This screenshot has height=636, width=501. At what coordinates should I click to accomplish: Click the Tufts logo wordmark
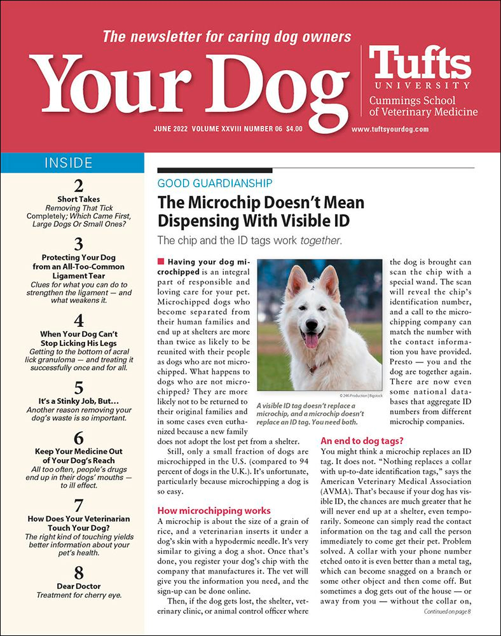[x=420, y=64]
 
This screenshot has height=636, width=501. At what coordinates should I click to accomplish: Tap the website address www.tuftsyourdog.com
[x=390, y=128]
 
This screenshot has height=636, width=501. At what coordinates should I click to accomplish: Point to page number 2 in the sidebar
[x=79, y=186]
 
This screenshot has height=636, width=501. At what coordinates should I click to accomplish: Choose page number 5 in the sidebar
[x=79, y=387]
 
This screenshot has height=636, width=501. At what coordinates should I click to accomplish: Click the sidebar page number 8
[x=79, y=572]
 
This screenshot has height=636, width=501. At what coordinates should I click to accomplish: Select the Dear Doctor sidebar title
[x=79, y=586]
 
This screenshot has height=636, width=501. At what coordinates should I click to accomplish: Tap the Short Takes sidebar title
[x=79, y=199]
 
